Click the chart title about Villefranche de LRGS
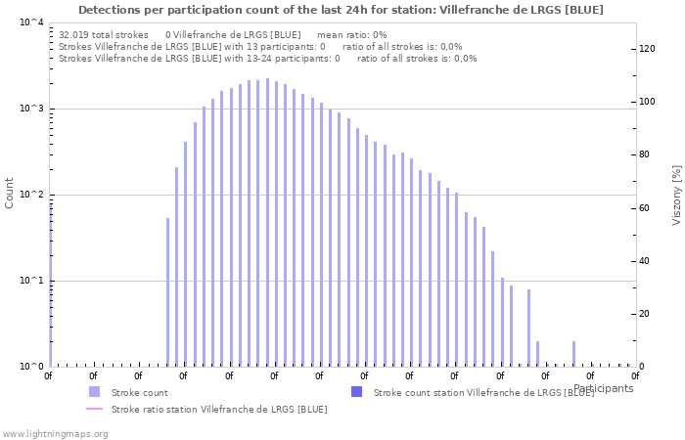tap(341, 10)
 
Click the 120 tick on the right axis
tap(647, 49)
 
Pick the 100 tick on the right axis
tap(647, 102)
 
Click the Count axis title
tap(10, 193)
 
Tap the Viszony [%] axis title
tap(675, 195)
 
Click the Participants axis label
tap(604, 388)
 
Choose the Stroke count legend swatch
tap(94, 392)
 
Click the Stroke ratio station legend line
tap(94, 409)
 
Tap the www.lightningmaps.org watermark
tap(54, 433)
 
